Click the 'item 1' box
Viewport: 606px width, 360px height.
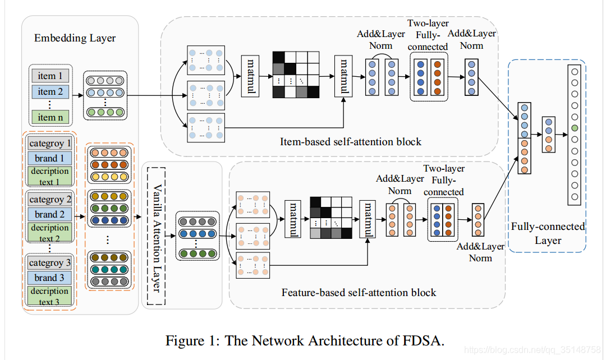[x=50, y=76]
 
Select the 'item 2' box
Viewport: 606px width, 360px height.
[x=50, y=91]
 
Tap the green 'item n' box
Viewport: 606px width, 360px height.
[x=50, y=117]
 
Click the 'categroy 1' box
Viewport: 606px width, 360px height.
[x=50, y=143]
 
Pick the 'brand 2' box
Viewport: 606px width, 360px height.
[x=50, y=214]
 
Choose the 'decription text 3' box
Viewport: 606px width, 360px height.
[x=50, y=297]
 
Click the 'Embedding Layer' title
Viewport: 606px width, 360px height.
[x=75, y=38]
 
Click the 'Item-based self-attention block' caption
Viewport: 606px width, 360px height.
[x=351, y=142]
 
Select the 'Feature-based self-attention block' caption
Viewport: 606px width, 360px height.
[x=359, y=292]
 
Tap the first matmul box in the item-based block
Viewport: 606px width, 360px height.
[x=250, y=76]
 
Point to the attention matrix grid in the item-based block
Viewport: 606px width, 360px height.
[x=296, y=75]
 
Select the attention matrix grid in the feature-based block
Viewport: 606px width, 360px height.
[x=330, y=218]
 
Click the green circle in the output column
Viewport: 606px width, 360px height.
[x=573, y=130]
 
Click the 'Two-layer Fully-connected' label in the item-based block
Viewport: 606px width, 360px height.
[x=428, y=35]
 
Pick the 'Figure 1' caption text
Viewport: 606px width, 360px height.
[x=305, y=340]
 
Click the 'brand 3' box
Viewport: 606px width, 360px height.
[x=50, y=278]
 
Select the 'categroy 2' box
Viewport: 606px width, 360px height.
[x=50, y=199]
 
